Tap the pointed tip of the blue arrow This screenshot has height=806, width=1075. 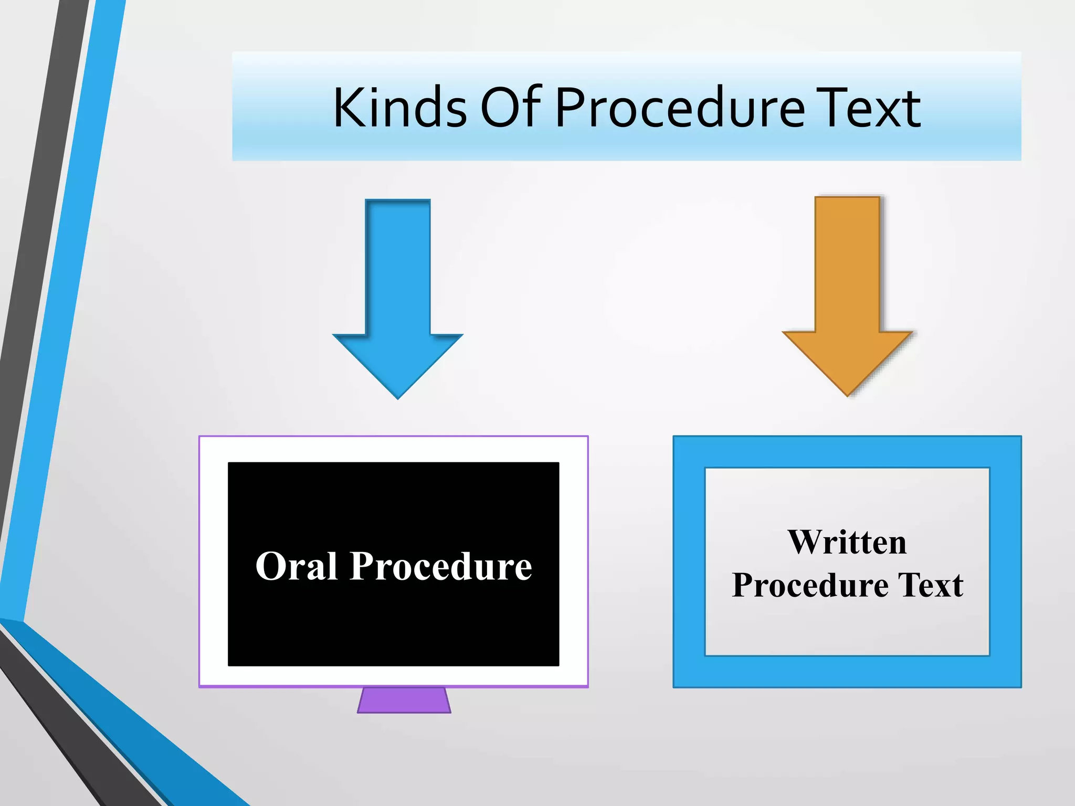click(398, 396)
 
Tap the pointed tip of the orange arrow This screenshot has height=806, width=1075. click(847, 393)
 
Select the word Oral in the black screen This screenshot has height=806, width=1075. click(297, 566)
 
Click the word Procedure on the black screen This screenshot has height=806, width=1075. click(440, 566)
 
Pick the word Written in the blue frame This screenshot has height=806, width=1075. click(847, 542)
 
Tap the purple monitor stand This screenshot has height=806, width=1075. click(404, 700)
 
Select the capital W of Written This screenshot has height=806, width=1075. click(806, 542)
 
